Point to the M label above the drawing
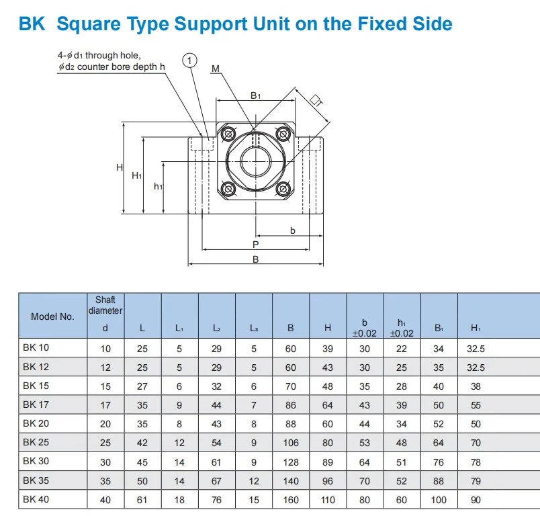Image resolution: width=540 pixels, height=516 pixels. [x=216, y=68]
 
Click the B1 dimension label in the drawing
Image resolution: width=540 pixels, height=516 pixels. [x=255, y=95]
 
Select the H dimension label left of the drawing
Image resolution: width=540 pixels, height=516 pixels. [x=119, y=167]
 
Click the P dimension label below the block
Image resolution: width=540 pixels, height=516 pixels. [x=255, y=245]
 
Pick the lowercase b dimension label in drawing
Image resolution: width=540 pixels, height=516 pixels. [x=292, y=230]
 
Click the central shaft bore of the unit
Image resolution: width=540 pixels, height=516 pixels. [x=255, y=161]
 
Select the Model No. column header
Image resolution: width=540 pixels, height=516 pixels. [x=52, y=316]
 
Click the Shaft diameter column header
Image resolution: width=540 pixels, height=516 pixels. [x=105, y=306]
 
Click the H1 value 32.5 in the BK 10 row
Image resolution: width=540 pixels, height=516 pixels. [x=476, y=349]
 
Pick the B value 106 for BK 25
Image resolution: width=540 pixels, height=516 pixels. [x=290, y=443]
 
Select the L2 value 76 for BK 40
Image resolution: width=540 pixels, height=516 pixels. [x=216, y=500]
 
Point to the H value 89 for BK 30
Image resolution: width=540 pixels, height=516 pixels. [x=328, y=462]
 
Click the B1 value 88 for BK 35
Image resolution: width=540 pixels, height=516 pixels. [x=439, y=481]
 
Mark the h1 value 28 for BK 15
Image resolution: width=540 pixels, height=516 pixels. [x=402, y=387]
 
